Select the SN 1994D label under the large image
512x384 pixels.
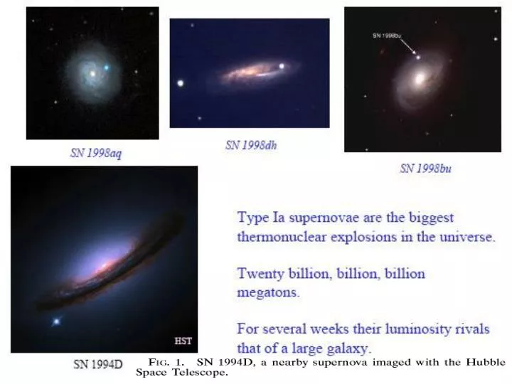pyautogui.click(x=98, y=364)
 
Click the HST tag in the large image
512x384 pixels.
pyautogui.click(x=183, y=341)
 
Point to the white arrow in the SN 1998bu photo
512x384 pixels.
pyautogui.click(x=406, y=46)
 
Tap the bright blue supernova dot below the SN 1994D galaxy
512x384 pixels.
pyautogui.click(x=55, y=322)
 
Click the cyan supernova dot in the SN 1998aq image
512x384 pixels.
pyautogui.click(x=107, y=68)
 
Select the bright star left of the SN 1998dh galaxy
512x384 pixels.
pyautogui.click(x=180, y=82)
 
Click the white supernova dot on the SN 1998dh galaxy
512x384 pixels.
pyautogui.click(x=282, y=67)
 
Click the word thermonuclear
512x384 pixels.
pyautogui.click(x=282, y=237)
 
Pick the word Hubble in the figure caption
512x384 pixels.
pyautogui.click(x=487, y=362)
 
